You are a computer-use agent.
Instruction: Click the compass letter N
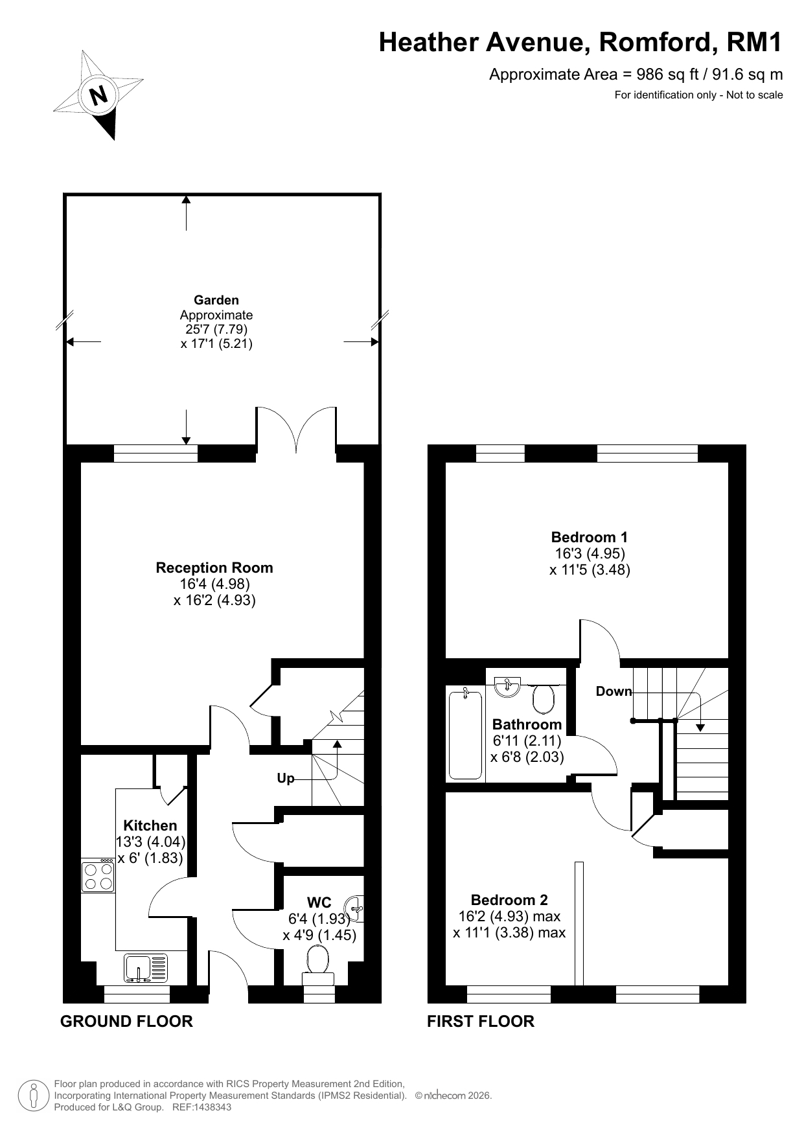pos(98,96)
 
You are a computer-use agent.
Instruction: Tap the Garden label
pos(216,300)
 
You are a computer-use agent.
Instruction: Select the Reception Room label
pos(214,568)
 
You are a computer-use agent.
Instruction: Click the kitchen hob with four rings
pos(98,875)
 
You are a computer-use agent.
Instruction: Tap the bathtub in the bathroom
pos(465,735)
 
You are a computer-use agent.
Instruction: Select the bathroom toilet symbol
pos(544,697)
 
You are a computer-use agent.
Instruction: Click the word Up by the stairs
pos(286,778)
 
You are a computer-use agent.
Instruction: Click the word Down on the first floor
pos(614,691)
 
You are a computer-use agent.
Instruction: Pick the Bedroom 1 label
pos(590,537)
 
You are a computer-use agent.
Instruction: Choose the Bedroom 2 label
pos(509,900)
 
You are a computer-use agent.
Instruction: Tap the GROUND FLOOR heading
pos(126,1022)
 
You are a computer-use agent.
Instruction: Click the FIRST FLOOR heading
pos(481,1022)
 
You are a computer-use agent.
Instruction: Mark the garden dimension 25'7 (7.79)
pos(216,329)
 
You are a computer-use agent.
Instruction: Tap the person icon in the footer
pos(33,1096)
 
